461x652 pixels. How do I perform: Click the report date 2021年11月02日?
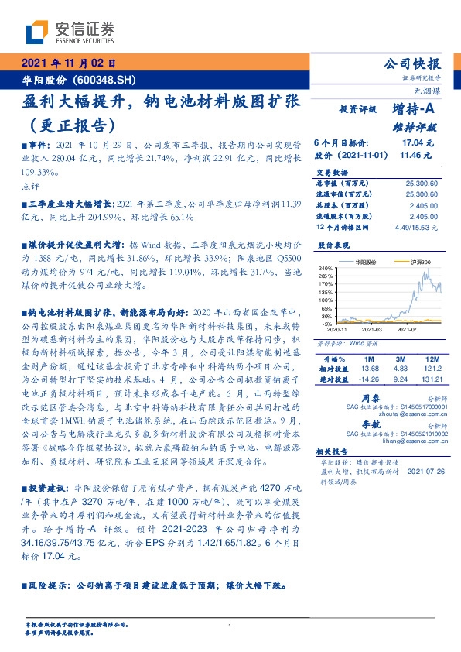pos(68,64)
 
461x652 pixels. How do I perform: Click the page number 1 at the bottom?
pos(230,626)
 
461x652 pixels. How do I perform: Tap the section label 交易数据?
pos(331,167)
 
